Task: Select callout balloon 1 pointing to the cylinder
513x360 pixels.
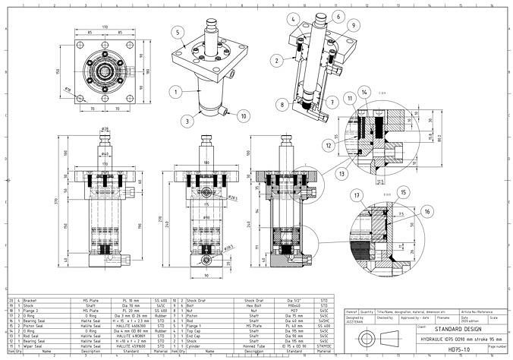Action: [175, 91]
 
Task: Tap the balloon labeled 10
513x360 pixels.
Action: [243, 116]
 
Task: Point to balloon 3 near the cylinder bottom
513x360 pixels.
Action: [187, 120]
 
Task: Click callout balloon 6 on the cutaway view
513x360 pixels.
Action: [338, 16]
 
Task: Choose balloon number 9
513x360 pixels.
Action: [353, 26]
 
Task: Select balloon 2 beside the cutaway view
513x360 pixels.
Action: [278, 59]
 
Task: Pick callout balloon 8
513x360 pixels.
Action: [282, 104]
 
